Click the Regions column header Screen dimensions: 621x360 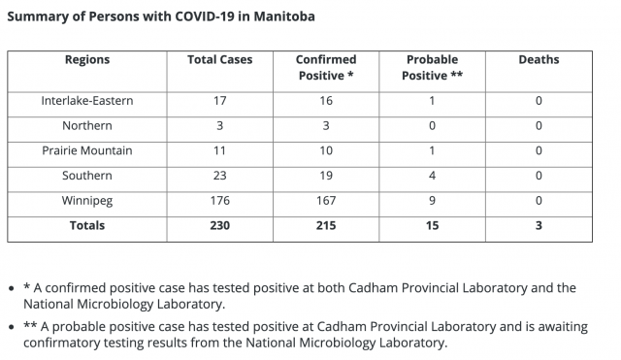click(x=87, y=60)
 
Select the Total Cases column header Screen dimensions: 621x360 click(x=220, y=60)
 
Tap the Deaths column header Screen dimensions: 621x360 click(x=539, y=60)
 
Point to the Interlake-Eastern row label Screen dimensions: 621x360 click(x=87, y=101)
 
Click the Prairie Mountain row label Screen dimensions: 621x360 click(x=87, y=150)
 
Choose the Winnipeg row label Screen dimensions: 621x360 click(x=87, y=201)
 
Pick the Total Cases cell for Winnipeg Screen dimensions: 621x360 click(x=220, y=201)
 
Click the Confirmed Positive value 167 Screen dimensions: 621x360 click(x=326, y=201)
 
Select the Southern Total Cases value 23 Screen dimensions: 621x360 click(x=220, y=176)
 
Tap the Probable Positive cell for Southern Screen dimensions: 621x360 click(x=432, y=176)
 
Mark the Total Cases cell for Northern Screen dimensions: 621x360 click(x=220, y=125)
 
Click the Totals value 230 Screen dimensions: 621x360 click(x=220, y=225)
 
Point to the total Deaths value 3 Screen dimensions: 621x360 click(x=539, y=225)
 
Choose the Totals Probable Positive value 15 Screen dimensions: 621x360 click(x=432, y=225)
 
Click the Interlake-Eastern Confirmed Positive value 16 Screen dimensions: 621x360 click(x=326, y=101)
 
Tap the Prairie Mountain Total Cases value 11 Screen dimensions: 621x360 click(x=220, y=150)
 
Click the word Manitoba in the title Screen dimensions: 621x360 click(x=284, y=16)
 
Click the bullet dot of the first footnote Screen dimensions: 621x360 click(x=12, y=288)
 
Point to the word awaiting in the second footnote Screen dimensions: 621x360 click(x=563, y=327)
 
